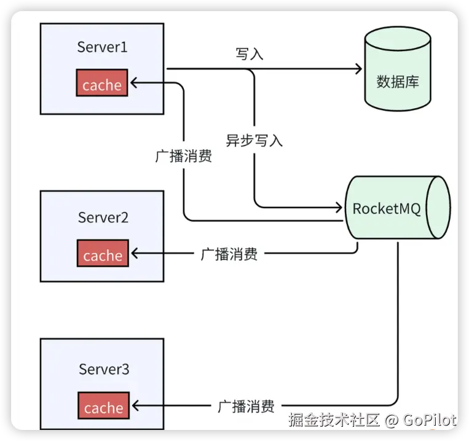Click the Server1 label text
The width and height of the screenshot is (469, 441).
click(102, 47)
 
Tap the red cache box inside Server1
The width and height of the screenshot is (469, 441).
click(102, 84)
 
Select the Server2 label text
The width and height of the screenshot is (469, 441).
click(103, 217)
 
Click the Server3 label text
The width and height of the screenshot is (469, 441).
click(104, 369)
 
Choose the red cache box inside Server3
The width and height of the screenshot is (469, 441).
click(104, 407)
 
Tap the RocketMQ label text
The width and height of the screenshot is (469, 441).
click(387, 208)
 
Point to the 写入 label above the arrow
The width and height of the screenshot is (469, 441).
click(250, 54)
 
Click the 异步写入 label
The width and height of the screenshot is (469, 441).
click(254, 140)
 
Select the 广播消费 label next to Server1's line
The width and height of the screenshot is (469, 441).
click(184, 156)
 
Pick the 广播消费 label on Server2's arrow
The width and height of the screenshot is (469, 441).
click(229, 254)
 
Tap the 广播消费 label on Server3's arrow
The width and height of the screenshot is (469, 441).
click(246, 406)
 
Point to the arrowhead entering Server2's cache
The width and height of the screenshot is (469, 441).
click(133, 253)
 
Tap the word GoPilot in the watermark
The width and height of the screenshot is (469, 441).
click(430, 421)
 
